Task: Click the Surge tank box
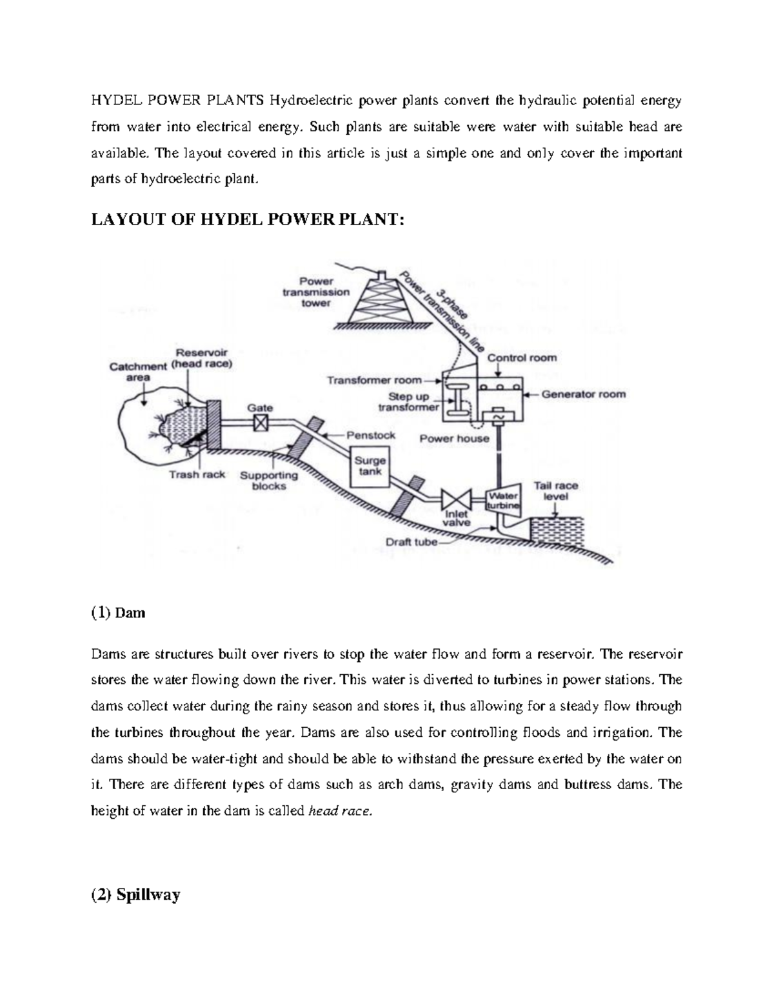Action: pos(371,466)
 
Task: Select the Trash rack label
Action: pos(197,474)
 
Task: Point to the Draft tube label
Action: pos(411,542)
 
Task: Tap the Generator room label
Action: pos(583,394)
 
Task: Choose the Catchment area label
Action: pos(138,372)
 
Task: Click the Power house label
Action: pos(454,439)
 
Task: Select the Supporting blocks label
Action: pos(269,481)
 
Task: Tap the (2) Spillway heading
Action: pos(135,895)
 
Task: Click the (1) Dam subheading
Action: pos(118,612)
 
